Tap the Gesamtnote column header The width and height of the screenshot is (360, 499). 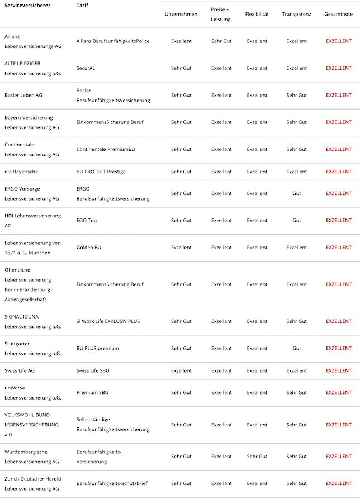point(338,14)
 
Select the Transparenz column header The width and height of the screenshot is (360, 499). point(296,14)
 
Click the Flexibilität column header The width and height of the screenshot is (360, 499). point(257,14)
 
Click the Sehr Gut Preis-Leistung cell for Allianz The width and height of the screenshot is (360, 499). point(221,41)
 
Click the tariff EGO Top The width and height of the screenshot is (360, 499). point(87,221)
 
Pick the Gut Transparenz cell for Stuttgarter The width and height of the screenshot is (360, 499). point(296,349)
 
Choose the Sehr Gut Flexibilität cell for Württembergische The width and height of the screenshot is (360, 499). point(257,457)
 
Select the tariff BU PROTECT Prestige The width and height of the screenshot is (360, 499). point(101,172)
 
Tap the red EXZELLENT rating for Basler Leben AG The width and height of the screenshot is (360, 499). point(339,96)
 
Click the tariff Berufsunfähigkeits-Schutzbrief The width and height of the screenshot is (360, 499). point(112,483)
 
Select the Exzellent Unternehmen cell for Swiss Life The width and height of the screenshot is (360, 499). point(181,371)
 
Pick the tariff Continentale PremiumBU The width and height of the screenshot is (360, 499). point(106,150)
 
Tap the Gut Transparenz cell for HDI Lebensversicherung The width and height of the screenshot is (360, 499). point(296,221)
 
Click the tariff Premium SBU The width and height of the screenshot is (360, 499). point(93,393)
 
